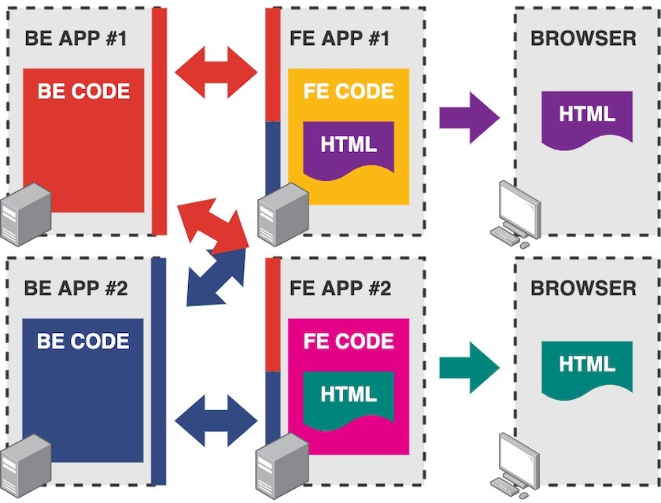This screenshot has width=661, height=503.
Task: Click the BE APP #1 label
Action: click(x=76, y=37)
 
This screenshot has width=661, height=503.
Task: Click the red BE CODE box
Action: click(x=83, y=150)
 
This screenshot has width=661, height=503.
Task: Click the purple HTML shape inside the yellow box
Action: click(x=349, y=146)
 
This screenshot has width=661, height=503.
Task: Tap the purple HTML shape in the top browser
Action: click(x=587, y=117)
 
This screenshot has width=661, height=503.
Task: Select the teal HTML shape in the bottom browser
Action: click(x=587, y=366)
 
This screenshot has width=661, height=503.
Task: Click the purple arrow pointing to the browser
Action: click(x=469, y=117)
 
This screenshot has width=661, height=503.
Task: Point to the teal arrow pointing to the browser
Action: click(x=469, y=367)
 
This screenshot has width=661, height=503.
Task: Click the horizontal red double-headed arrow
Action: click(x=216, y=73)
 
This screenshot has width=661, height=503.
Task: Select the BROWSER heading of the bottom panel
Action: click(x=583, y=287)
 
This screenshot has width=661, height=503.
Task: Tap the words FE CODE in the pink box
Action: click(x=349, y=341)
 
